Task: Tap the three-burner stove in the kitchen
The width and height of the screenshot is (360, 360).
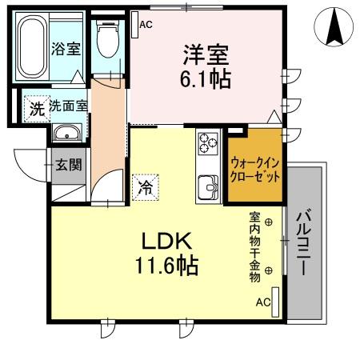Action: tap(208, 145)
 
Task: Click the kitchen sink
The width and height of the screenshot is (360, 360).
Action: tap(208, 186)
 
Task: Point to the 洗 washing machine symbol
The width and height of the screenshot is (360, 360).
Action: tap(36, 106)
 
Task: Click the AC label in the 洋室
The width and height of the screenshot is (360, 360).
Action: tap(146, 25)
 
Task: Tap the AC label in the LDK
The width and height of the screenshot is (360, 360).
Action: tap(262, 302)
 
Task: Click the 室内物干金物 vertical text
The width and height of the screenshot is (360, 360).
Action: tap(254, 247)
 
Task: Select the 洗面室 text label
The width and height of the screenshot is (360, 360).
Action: tap(68, 106)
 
